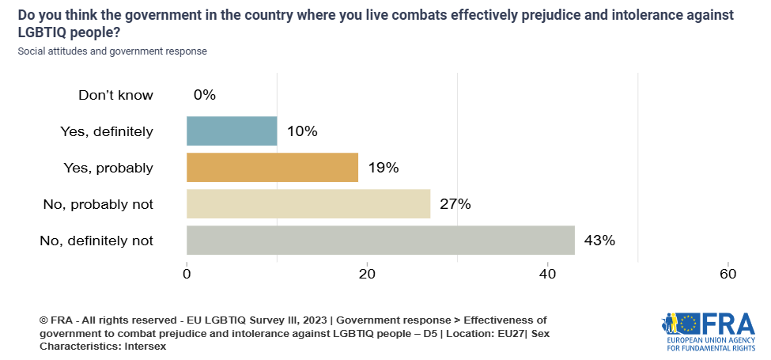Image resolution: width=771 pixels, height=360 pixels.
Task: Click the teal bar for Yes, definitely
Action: [232, 131]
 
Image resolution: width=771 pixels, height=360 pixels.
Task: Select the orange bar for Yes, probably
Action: [272, 168]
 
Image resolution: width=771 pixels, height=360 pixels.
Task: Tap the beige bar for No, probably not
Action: [308, 204]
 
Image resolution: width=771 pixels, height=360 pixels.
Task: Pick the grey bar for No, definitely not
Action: [380, 241]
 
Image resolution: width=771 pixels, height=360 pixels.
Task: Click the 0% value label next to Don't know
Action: [204, 95]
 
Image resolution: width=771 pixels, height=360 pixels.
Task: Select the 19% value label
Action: [382, 168]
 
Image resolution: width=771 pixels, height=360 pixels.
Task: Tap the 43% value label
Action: [599, 241]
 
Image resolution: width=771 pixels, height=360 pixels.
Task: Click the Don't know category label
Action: [115, 95]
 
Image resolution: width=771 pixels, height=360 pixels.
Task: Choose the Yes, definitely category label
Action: [107, 131]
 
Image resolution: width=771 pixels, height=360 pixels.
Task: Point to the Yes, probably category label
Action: [108, 168]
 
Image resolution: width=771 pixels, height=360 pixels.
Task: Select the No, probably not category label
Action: [98, 204]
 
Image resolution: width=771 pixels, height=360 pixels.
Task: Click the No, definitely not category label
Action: [96, 241]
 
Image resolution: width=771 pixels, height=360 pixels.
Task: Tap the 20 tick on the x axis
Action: [367, 275]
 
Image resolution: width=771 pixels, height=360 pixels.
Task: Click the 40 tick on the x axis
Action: [547, 275]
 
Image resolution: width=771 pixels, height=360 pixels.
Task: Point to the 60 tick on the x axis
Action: [728, 275]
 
